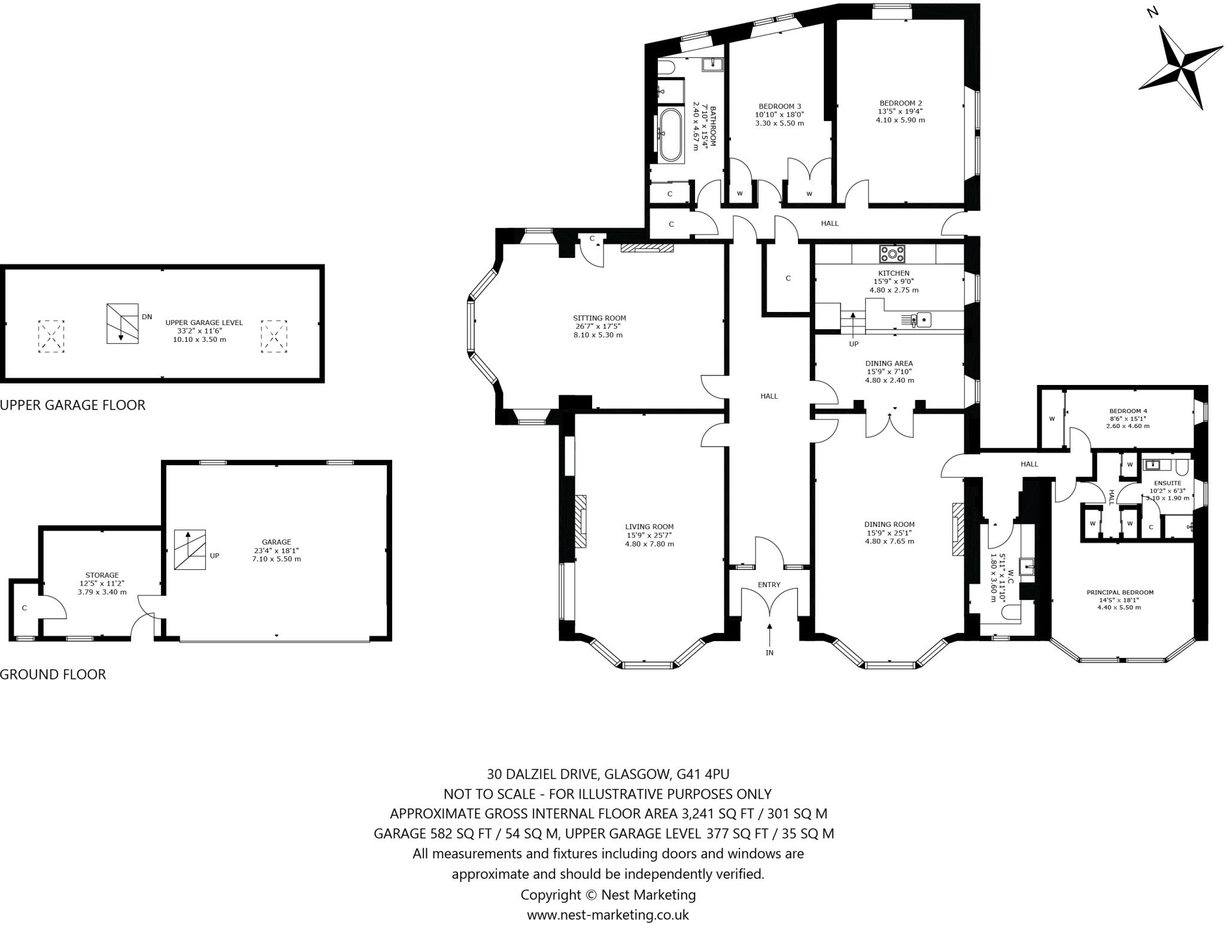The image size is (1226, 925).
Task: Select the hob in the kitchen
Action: point(892,254)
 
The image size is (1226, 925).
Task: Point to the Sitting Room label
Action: point(599,318)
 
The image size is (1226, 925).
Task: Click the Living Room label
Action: point(650,527)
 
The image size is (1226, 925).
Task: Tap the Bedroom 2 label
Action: point(900,102)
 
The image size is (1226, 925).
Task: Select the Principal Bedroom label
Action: point(1120,592)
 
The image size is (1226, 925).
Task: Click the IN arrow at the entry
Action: point(769,635)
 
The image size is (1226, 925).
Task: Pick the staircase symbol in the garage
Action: point(190,550)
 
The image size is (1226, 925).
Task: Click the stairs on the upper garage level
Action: point(123,323)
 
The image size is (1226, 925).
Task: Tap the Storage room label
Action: point(102,575)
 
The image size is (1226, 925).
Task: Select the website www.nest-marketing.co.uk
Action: point(608,914)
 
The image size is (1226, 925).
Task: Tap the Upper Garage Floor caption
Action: point(72,405)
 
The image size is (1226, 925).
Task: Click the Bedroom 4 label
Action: point(1128,411)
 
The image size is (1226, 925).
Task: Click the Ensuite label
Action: point(1167,483)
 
